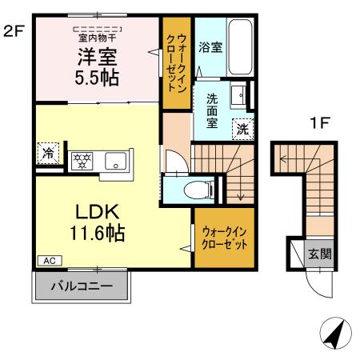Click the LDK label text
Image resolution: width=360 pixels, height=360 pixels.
97,212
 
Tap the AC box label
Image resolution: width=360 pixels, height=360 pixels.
47,261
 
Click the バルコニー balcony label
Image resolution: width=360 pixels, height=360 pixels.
79,285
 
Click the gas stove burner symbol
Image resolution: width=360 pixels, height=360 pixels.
81,158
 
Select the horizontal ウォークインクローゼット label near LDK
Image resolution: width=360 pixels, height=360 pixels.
223,237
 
